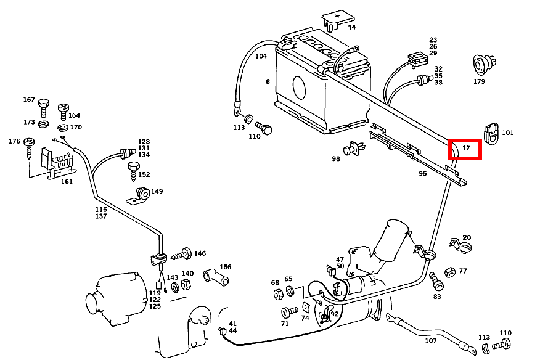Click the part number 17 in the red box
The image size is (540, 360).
click(467, 149)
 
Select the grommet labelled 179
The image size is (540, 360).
click(479, 64)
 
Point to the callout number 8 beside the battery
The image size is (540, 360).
click(268, 81)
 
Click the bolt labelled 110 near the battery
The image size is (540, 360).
click(265, 129)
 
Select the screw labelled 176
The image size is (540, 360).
click(30, 148)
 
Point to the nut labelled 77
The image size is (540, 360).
click(449, 271)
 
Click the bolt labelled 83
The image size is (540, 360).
click(436, 282)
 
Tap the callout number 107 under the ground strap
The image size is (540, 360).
click(431, 341)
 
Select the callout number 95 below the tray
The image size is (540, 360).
click(423, 173)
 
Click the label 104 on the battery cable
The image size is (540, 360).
click(261, 56)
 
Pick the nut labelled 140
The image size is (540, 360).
click(186, 284)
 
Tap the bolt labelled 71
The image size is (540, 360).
click(287, 312)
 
